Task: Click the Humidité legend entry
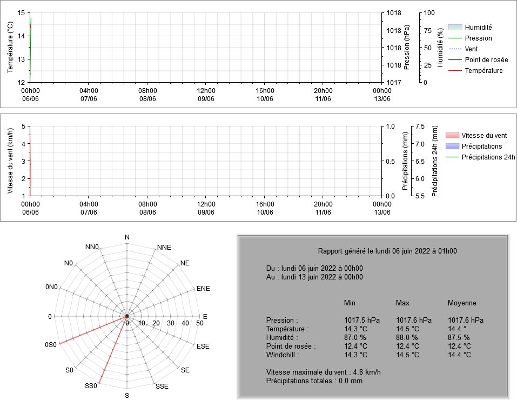470,28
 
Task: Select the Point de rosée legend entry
478,60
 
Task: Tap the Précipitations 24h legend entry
480,157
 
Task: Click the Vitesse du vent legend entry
476,135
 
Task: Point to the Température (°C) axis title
10,47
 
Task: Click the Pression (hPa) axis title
407,47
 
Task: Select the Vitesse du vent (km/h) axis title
10,161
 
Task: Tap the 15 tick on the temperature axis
21,13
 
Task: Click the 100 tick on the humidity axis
429,13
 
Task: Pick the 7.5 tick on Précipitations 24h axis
420,126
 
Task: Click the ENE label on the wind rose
203,289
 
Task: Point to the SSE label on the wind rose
162,386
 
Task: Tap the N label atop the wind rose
127,237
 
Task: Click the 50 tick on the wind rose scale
200,323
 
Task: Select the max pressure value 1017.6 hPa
414,320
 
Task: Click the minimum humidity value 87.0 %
355,337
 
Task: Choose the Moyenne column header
462,303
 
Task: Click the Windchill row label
283,355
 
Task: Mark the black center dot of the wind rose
127,316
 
